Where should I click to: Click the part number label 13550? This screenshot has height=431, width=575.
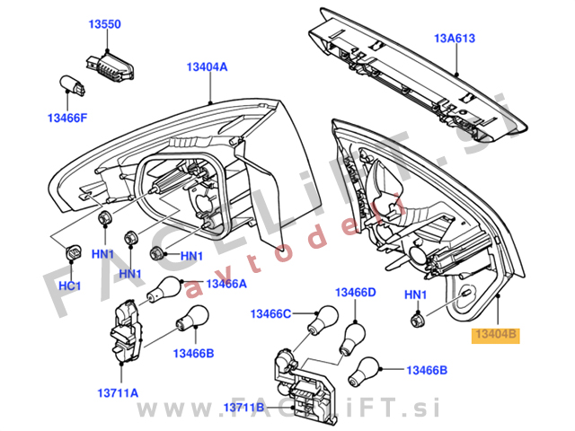pos(104,26)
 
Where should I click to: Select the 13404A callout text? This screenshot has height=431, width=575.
pos(207,67)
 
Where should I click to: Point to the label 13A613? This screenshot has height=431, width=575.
pos(455,39)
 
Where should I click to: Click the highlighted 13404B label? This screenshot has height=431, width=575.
pos(496,335)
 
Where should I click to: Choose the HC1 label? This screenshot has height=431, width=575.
pos(71,286)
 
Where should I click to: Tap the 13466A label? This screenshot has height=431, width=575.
pos(226,284)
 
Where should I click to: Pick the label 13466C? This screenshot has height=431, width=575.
pos(271,313)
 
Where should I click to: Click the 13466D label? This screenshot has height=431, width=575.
pos(356,293)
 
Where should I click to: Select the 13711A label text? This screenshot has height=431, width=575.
pos(118,392)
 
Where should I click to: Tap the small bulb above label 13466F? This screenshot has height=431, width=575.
pos(72,86)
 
